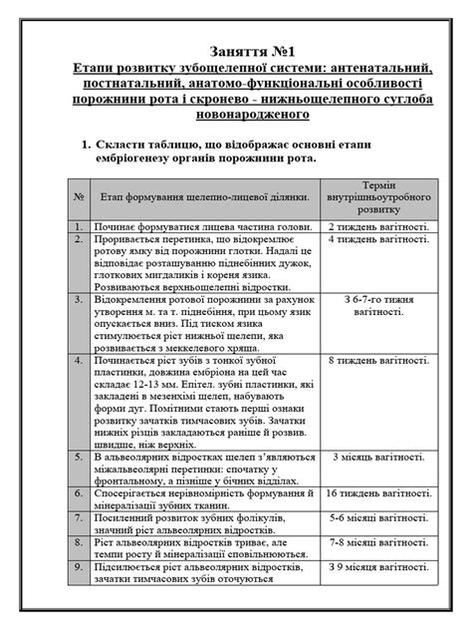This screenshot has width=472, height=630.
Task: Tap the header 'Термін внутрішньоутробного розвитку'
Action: pyautogui.click(x=378, y=197)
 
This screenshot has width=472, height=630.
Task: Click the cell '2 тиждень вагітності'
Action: pyautogui.click(x=378, y=226)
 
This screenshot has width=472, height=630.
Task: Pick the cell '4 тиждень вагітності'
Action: pyautogui.click(x=378, y=240)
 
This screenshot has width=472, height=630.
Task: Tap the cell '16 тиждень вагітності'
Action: pyautogui.click(x=378, y=492)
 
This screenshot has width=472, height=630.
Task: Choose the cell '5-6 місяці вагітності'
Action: pyautogui.click(x=378, y=519)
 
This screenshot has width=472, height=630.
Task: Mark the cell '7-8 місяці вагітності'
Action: pyautogui.click(x=378, y=545)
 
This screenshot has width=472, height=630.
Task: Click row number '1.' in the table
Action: pyautogui.click(x=76, y=226)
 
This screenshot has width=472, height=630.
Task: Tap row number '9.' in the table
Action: pyautogui.click(x=76, y=567)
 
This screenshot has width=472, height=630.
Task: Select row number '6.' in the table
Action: pyautogui.click(x=76, y=492)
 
